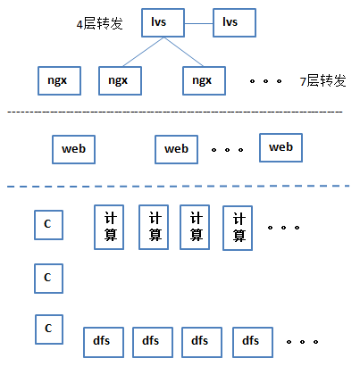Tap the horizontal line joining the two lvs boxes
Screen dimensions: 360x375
point(198,23)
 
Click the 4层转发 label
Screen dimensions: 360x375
point(99,23)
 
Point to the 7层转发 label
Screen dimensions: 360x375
point(323,80)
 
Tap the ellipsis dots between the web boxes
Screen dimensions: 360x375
point(227,150)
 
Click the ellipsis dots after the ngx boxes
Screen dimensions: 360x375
point(265,81)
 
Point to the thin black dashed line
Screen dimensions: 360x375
point(175,112)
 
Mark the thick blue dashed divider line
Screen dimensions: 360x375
point(178,187)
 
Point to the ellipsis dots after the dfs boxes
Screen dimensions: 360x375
point(302,342)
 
